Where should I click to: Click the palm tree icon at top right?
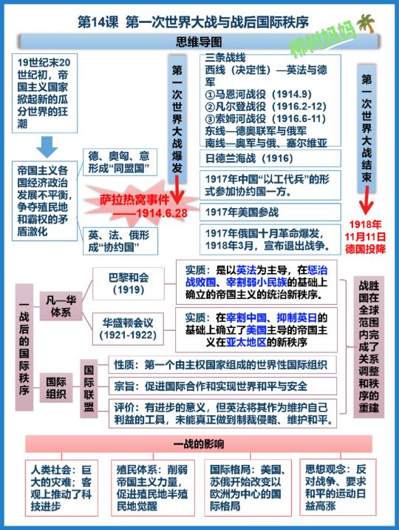[366, 23]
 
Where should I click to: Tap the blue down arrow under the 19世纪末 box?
[47, 147]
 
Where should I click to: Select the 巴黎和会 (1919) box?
[129, 284]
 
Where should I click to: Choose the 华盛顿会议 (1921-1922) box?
[128, 329]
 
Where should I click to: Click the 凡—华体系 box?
[61, 306]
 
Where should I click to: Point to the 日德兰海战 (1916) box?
[270, 158]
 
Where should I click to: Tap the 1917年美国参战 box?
[270, 212]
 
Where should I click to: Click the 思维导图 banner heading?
[199, 42]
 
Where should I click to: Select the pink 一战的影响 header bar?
[199, 444]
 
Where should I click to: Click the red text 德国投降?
[365, 249]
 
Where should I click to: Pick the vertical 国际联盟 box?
[89, 389]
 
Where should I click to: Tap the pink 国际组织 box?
[56, 388]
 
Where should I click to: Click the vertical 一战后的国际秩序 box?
[24, 347]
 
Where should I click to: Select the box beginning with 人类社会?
[61, 488]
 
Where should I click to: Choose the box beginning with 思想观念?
[338, 487]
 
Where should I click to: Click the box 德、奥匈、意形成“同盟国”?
[120, 162]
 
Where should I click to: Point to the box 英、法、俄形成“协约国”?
[120, 241]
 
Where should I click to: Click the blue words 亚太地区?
[246, 343]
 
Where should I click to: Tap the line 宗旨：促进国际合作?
[222, 386]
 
